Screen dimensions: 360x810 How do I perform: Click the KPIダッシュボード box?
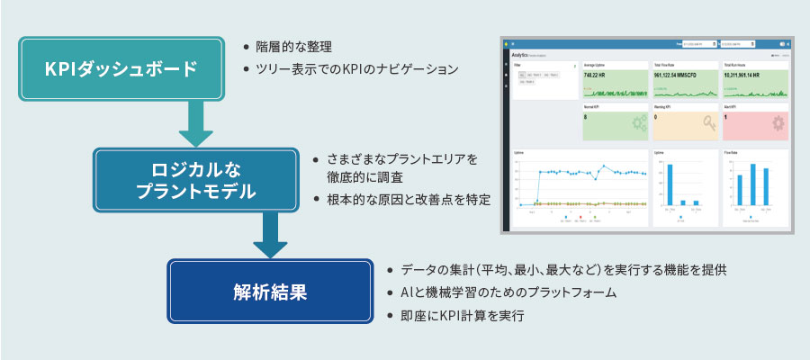(x=121, y=68)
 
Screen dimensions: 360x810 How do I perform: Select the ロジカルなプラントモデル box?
(x=195, y=179)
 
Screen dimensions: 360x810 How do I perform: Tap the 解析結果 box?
(x=270, y=292)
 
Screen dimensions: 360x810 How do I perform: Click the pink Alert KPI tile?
(x=754, y=122)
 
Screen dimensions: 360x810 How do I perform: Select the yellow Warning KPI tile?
(x=684, y=122)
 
